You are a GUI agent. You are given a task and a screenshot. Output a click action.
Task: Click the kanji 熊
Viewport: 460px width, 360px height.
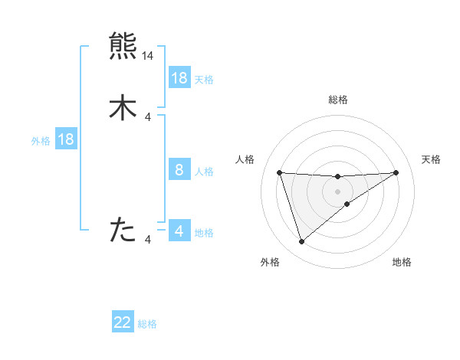pyautogui.click(x=123, y=46)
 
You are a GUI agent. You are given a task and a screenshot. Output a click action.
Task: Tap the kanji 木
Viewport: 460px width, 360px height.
pyautogui.click(x=123, y=107)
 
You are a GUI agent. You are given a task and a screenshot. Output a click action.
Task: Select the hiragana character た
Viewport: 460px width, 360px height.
pyautogui.click(x=123, y=229)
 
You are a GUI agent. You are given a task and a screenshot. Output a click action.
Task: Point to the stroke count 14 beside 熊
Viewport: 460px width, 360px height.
pyautogui.click(x=148, y=56)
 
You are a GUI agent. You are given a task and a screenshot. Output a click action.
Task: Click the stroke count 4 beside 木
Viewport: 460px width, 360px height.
pyautogui.click(x=148, y=116)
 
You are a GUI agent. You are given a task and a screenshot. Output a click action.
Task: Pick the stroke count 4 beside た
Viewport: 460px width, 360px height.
pyautogui.click(x=148, y=240)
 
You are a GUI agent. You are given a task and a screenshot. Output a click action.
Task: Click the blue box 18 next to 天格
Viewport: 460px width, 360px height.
pyautogui.click(x=179, y=78)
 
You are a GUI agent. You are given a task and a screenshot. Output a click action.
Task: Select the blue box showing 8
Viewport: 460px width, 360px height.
pyautogui.click(x=179, y=170)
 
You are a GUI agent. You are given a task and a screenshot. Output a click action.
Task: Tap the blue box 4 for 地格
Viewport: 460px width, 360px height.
pyautogui.click(x=179, y=231)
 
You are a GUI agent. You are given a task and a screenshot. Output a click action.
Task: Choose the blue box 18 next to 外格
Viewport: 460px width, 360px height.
pyautogui.click(x=66, y=139)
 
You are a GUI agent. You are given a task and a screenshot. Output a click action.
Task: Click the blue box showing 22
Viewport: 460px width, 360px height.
pyautogui.click(x=123, y=322)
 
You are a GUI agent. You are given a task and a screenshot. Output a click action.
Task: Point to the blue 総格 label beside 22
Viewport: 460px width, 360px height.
pyautogui.click(x=147, y=324)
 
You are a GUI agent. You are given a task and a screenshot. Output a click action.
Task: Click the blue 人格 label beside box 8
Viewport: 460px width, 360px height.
pyautogui.click(x=204, y=172)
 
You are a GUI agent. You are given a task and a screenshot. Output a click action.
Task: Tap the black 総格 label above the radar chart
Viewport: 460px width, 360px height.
pyautogui.click(x=338, y=100)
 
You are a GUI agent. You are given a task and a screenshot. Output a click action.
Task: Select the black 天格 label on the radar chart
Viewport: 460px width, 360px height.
pyautogui.click(x=432, y=159)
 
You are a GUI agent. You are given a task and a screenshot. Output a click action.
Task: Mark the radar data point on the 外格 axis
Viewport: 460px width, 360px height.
pyautogui.click(x=301, y=242)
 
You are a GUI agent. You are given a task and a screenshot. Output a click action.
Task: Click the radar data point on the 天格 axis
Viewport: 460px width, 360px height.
pyautogui.click(x=396, y=172)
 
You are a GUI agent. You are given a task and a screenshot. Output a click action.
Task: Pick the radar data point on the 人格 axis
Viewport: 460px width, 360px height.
pyautogui.click(x=280, y=172)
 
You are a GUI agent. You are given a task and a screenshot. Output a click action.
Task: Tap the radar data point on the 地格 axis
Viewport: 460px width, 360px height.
pyautogui.click(x=347, y=204)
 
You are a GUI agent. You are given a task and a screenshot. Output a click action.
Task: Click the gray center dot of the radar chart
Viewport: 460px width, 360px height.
pyautogui.click(x=338, y=191)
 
